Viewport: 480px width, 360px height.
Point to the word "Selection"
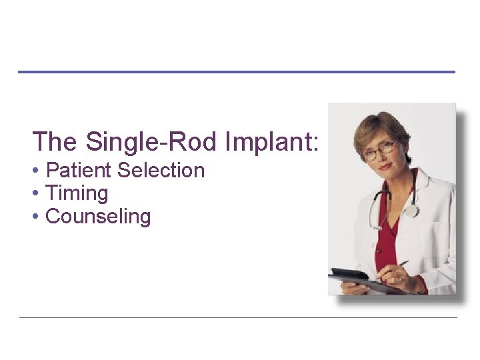(x=161, y=171)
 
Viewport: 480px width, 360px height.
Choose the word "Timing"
(x=77, y=193)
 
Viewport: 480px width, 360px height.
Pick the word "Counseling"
(x=98, y=217)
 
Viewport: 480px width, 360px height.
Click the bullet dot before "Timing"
(x=35, y=194)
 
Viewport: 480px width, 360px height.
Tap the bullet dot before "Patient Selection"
(x=35, y=171)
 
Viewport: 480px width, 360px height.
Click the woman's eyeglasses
(x=379, y=151)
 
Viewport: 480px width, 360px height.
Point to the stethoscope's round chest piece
(x=413, y=211)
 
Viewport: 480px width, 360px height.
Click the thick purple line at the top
(x=236, y=72)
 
